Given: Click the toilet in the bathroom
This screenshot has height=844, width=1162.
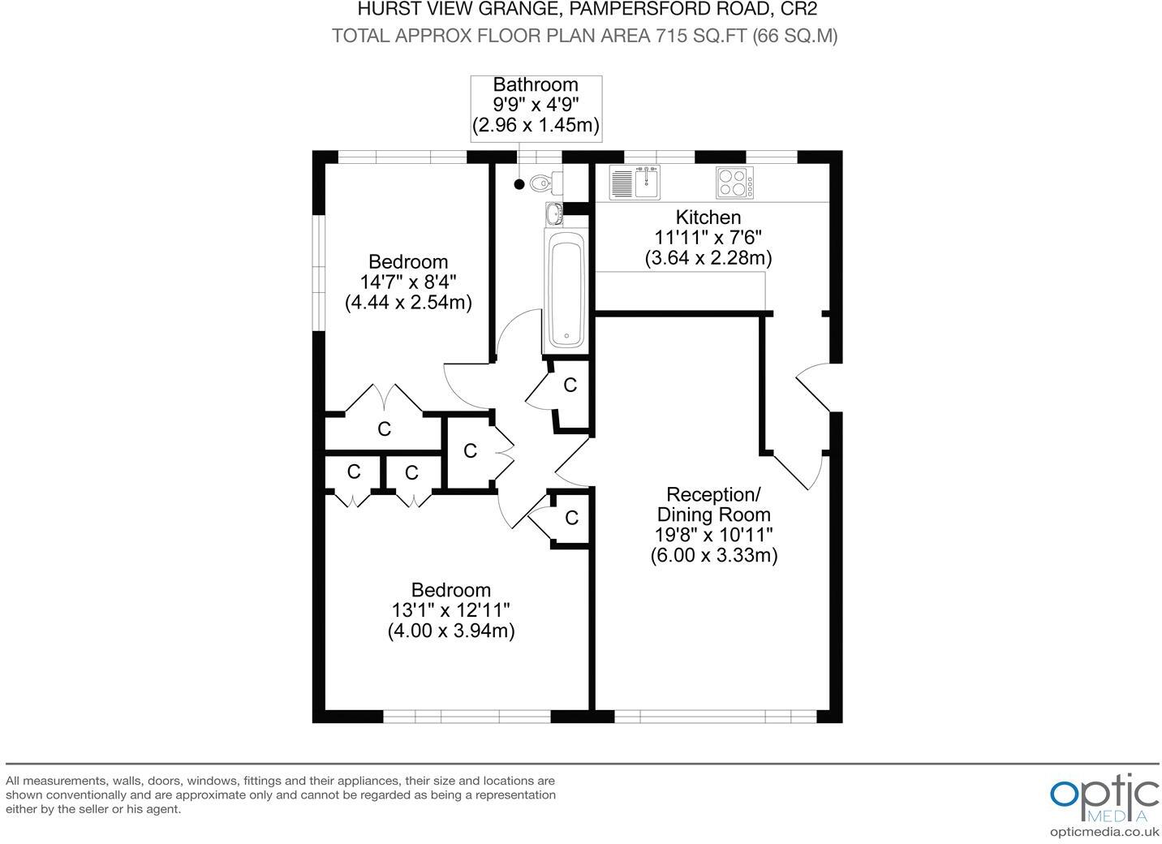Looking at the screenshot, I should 540,183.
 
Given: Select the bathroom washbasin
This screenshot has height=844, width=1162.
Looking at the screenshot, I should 553,214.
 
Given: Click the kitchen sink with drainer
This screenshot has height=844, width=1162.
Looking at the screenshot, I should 635,183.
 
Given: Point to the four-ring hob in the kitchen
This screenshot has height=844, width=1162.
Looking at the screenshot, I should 734,183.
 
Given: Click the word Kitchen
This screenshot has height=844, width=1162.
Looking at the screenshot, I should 708,217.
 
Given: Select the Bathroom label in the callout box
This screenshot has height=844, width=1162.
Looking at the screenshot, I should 536,84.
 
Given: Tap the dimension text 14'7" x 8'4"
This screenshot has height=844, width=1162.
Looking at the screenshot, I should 408,282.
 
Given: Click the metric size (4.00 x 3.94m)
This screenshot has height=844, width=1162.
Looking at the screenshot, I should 451,631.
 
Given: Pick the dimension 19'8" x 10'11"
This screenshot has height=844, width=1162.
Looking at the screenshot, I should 713,535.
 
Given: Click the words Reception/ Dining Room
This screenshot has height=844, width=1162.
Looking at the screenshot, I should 713,504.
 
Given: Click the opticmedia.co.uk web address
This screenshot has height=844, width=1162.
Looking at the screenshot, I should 1104,831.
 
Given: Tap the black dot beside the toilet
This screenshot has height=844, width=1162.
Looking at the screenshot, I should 519,184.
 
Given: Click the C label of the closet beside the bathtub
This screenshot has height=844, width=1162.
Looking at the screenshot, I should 570,385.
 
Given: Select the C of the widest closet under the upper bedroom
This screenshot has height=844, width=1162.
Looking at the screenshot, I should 384,428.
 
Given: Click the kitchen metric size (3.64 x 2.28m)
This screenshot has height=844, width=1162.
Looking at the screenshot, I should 708,258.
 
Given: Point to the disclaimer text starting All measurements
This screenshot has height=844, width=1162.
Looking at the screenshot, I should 281,794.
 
